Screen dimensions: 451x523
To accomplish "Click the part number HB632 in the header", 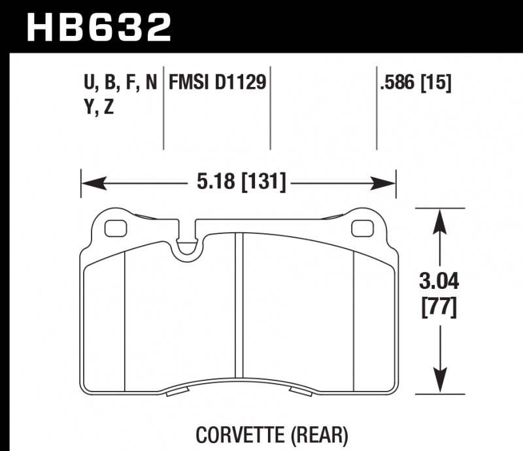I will coord(98,27).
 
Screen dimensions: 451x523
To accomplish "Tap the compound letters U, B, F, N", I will coord(120,83).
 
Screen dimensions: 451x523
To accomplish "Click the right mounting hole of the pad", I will coord(360,228).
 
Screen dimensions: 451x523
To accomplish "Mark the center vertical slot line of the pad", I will coord(239,307).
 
